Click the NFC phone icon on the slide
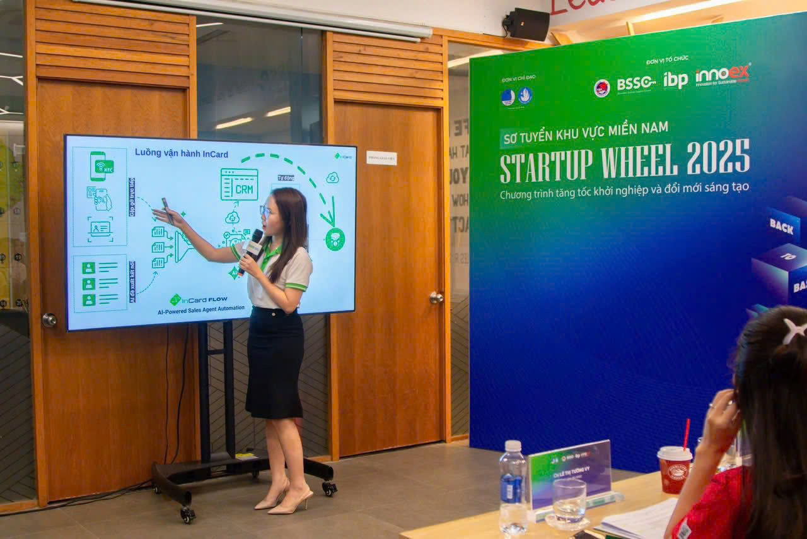tap(100, 165)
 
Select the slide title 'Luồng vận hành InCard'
tap(182, 153)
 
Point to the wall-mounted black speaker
tap(527, 24)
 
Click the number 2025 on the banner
tap(718, 157)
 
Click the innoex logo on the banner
tap(723, 75)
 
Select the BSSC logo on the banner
tap(636, 83)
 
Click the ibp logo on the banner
tap(675, 80)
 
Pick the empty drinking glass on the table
tap(569, 501)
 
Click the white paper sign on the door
tap(381, 158)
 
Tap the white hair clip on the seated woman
tap(794, 330)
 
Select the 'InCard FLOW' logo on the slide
tap(199, 299)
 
